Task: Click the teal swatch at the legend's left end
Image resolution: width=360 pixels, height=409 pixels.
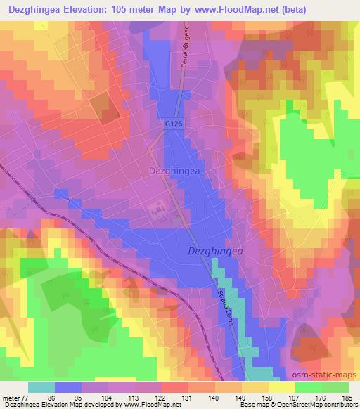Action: click(41, 388)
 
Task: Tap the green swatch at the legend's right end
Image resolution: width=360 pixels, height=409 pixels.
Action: click(335, 388)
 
